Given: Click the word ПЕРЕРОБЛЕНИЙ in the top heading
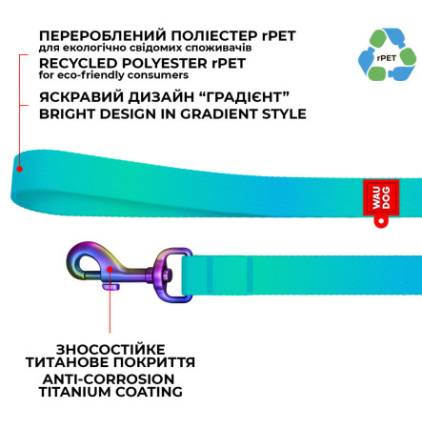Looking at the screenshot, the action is click(103, 36).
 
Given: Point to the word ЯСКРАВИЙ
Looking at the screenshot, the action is click(81, 97).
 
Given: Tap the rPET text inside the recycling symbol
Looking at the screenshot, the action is click(387, 58).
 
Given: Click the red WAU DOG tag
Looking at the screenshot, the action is click(381, 197).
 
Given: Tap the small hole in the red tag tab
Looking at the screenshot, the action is click(381, 221).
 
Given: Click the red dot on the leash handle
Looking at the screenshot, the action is click(20, 169).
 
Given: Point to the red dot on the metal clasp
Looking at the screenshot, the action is click(110, 269).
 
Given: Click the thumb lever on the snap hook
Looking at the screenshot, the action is click(111, 287).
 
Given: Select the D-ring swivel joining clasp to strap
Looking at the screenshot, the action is click(173, 275).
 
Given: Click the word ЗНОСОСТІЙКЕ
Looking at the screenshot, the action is click(111, 350).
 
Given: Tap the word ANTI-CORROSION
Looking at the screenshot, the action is click(109, 379).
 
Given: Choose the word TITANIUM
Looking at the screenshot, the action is click(75, 392).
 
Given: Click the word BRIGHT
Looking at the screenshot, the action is click(67, 114).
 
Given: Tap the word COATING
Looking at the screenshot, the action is click(149, 392).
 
